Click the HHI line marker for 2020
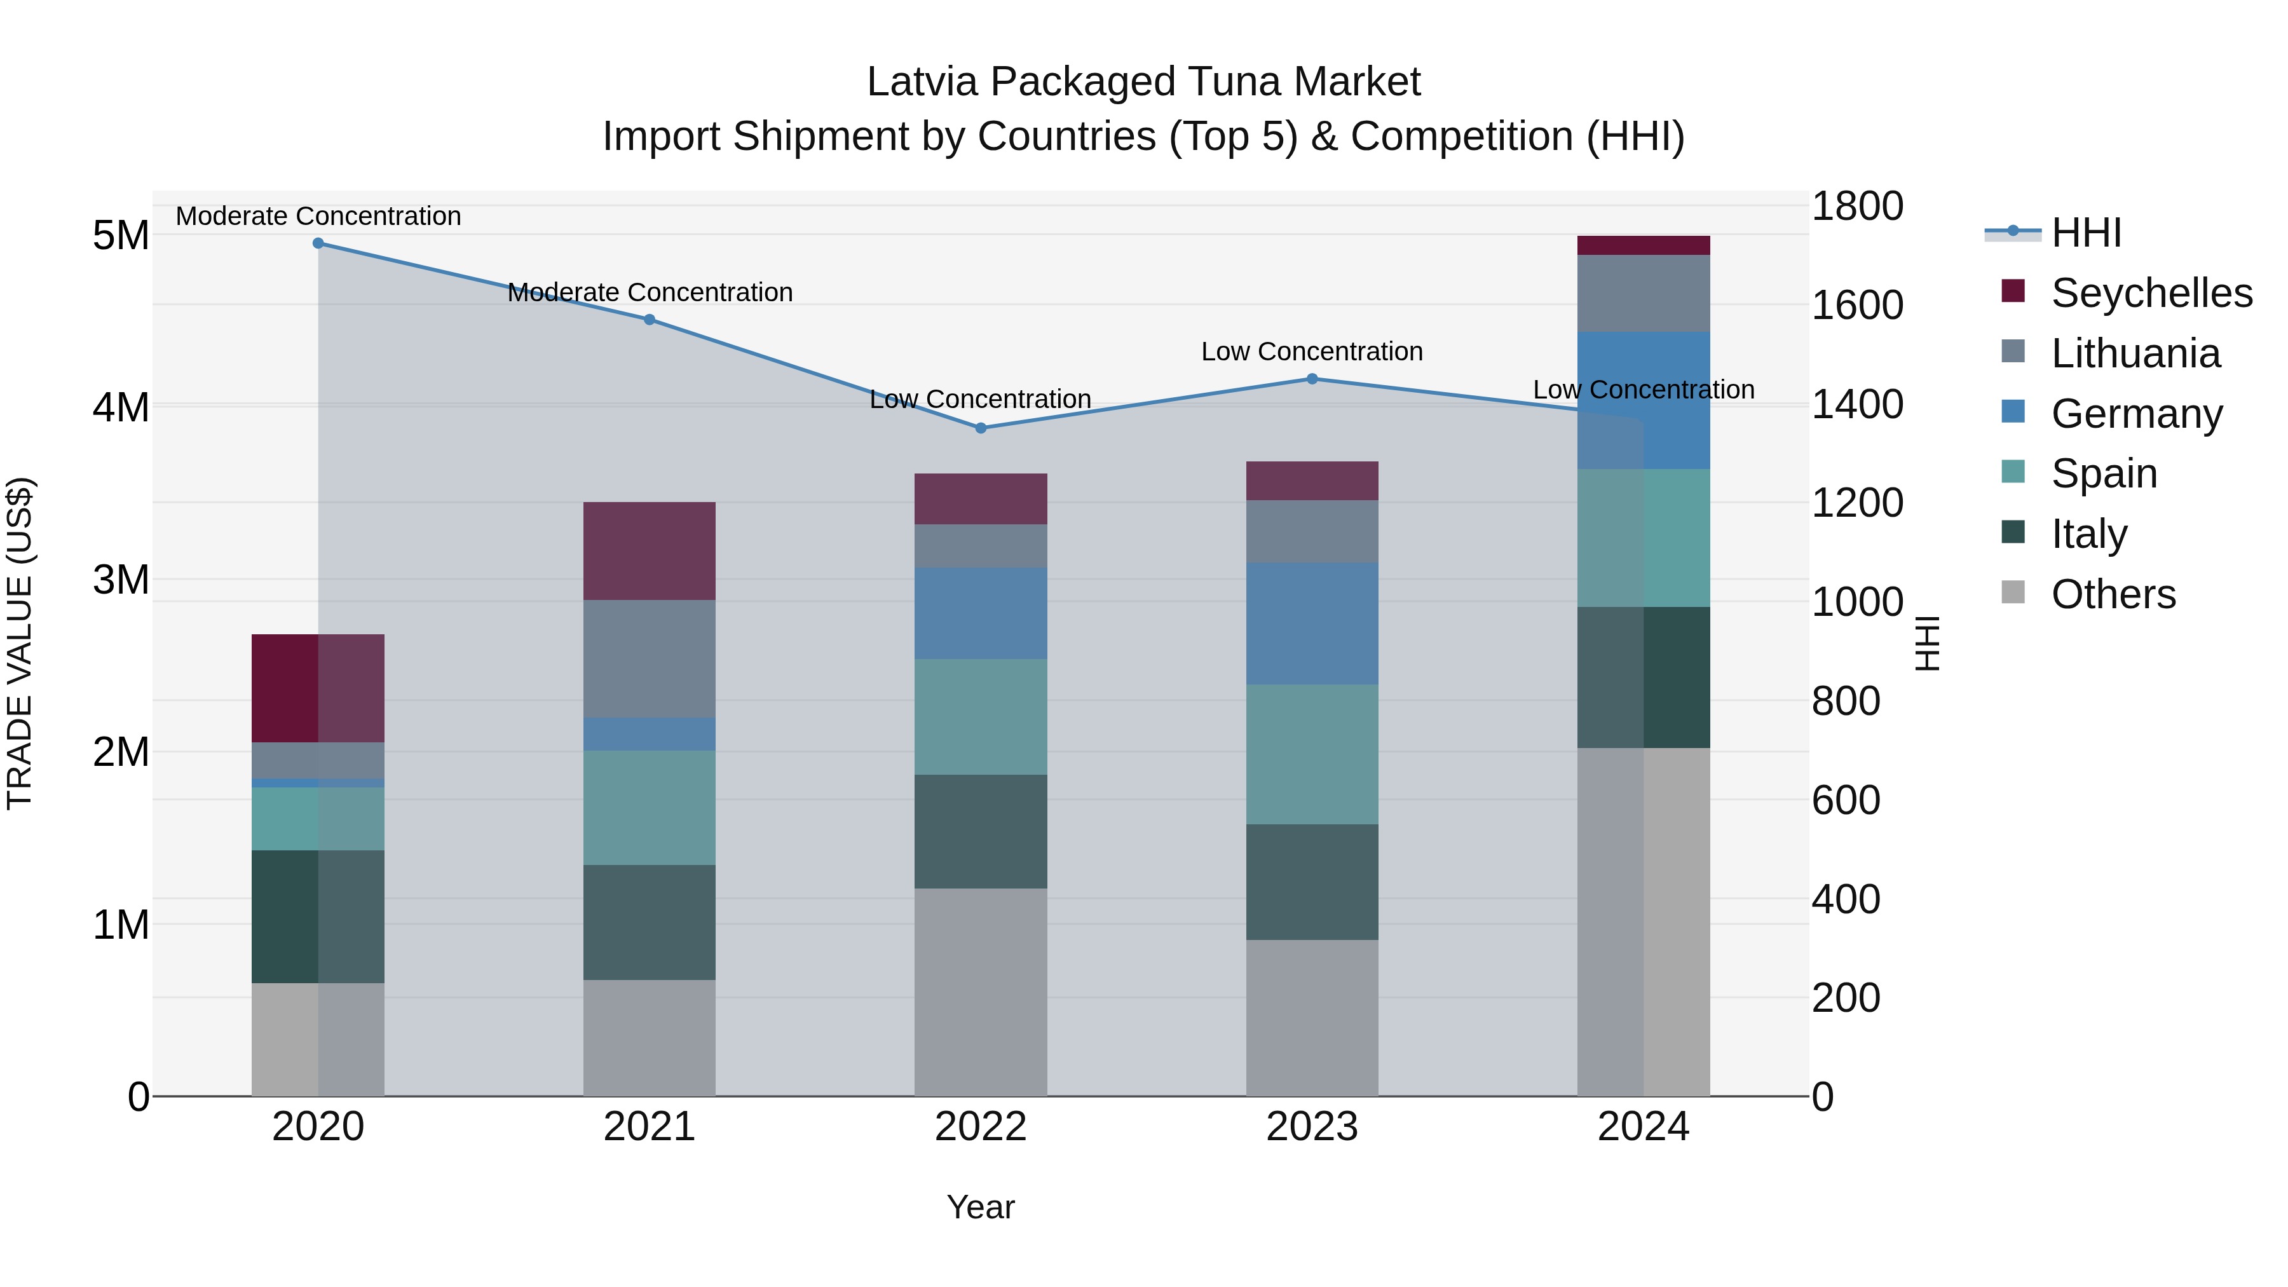tap(318, 243)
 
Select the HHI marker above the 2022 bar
tap(981, 428)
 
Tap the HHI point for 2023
tap(1312, 379)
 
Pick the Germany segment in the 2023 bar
tap(1312, 623)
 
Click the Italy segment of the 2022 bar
tap(981, 831)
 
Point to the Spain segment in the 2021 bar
tap(650, 807)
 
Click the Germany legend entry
tap(2136, 414)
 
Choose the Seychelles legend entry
tap(2151, 293)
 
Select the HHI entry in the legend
tap(2085, 233)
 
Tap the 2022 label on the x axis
tap(981, 1127)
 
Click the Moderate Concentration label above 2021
tap(650, 292)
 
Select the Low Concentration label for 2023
tap(1312, 351)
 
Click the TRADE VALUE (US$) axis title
tap(20, 643)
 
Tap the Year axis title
tap(981, 1207)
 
